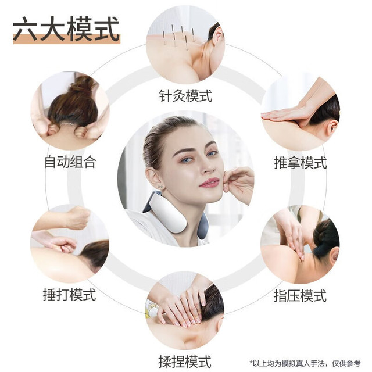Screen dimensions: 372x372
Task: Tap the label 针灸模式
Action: (185, 96)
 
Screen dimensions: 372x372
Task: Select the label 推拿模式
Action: (301, 163)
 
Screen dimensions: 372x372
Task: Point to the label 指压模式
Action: (300, 296)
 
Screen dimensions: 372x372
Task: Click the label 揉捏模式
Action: (185, 362)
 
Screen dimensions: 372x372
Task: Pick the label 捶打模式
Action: (69, 295)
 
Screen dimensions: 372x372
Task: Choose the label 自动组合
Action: (70, 162)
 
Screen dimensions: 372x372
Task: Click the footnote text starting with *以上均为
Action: (305, 363)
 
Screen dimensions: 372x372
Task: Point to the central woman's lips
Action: (209, 183)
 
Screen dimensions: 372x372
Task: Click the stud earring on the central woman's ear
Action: (160, 187)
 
